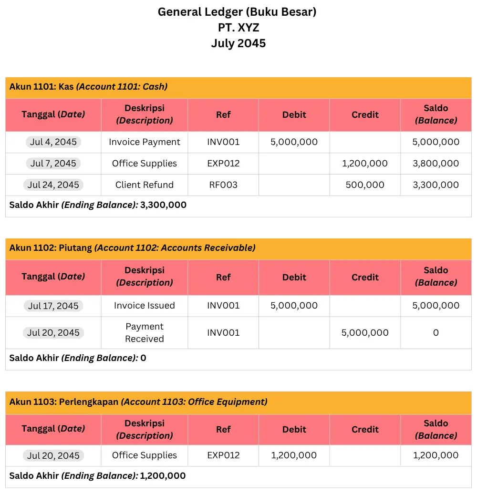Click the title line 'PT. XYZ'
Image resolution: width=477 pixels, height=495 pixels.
238,28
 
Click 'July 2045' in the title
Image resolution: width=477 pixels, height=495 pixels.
238,43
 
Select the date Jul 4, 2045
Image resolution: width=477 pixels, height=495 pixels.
53,142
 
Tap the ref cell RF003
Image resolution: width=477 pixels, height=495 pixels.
223,185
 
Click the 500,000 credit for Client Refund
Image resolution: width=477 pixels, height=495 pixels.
365,185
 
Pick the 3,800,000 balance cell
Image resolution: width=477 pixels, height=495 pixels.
436,163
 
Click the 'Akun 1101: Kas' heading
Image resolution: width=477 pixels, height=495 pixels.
89,87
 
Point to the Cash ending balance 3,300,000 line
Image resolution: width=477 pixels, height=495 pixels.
98,205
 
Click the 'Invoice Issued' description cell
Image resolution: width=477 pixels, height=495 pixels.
144,305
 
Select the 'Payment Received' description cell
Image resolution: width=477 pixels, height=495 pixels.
144,332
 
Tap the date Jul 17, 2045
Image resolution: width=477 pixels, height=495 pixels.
53,306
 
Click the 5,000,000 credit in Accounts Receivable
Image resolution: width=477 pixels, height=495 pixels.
365,332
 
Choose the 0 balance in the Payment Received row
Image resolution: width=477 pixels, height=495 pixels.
436,332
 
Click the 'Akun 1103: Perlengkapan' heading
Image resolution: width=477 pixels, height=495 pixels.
138,402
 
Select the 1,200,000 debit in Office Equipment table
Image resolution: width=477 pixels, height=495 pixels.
294,455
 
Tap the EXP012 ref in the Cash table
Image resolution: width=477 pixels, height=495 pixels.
223,163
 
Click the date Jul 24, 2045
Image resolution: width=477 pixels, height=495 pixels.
53,185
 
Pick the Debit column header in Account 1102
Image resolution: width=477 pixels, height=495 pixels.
294,277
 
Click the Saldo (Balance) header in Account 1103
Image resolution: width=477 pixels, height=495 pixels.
436,429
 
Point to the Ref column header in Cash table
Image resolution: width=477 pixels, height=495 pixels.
223,114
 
